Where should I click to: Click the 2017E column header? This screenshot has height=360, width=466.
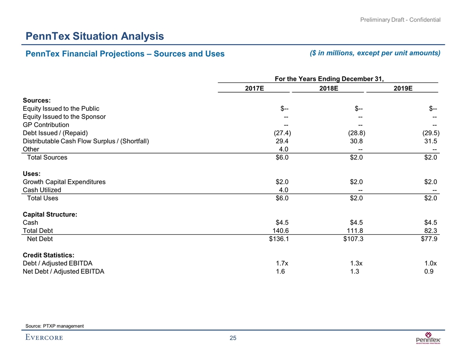(255, 88)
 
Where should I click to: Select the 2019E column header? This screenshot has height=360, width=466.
(402, 88)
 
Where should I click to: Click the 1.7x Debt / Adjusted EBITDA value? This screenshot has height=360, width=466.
(282, 263)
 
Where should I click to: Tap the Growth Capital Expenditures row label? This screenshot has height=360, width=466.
(64, 182)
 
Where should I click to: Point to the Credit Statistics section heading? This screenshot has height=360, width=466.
(48, 255)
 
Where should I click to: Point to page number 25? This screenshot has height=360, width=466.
(233, 338)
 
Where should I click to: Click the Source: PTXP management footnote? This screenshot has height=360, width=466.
(55, 326)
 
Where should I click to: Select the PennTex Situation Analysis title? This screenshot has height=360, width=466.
(95, 36)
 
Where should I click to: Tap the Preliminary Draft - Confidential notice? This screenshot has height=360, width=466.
(400, 19)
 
